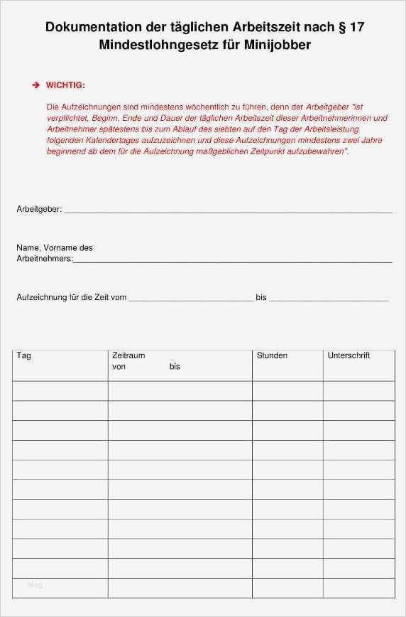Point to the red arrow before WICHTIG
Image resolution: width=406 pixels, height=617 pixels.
[x=35, y=85]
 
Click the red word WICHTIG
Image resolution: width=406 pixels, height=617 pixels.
[x=65, y=85]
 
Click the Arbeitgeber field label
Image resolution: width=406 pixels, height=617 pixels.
[x=39, y=210]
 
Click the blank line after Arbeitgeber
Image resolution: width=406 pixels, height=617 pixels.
[x=227, y=211]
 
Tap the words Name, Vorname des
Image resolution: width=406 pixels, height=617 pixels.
[x=55, y=248]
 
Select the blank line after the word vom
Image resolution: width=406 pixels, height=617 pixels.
[x=190, y=299]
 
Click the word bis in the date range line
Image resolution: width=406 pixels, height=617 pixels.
[x=261, y=297]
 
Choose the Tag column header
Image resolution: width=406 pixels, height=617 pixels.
[x=23, y=355]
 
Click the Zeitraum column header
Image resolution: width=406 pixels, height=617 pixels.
[x=128, y=355]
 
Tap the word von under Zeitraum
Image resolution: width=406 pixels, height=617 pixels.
[x=119, y=367]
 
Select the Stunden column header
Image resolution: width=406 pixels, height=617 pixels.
[x=272, y=355]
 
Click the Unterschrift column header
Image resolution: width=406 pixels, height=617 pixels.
[x=349, y=355]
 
